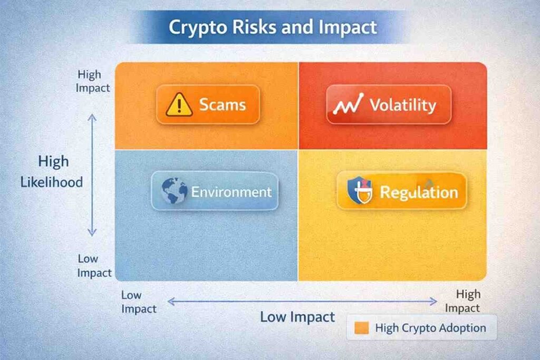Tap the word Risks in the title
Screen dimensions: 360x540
[x=247, y=27]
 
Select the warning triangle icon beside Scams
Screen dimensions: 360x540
[x=179, y=105]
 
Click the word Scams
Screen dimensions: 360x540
[x=222, y=104]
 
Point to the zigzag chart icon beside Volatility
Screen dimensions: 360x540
[x=348, y=104]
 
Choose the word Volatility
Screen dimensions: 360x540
[x=402, y=105]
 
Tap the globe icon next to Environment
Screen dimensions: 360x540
[x=175, y=191]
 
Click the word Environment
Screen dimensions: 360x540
[x=231, y=191]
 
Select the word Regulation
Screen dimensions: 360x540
[x=419, y=192]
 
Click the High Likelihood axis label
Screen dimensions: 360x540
[x=52, y=172]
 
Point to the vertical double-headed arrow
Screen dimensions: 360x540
[x=92, y=175]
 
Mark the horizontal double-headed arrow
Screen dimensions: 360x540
[x=302, y=301]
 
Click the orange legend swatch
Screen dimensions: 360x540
[x=362, y=328]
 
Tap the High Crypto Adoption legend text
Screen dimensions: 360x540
[x=430, y=328]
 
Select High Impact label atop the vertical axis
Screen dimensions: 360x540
[x=92, y=81]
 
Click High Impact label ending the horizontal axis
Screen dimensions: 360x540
[x=468, y=301]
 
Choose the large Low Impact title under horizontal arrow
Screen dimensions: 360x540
[x=297, y=317]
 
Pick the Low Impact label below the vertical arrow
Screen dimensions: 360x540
[x=95, y=266]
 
